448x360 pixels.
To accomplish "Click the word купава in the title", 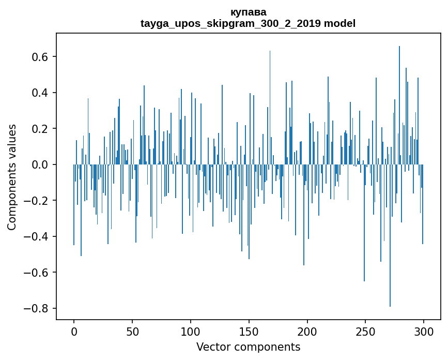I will coord(248,12).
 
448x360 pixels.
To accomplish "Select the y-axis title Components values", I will coord(12,177).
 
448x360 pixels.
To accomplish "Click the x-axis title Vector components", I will coord(248,347).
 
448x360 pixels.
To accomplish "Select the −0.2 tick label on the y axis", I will coord(35,200).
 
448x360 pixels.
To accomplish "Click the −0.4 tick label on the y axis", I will coord(35,236).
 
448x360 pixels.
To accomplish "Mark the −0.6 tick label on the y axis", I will coord(35,272).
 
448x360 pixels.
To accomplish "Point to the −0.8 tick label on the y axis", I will coord(35,308).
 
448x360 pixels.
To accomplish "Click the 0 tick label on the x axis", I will coord(74,331).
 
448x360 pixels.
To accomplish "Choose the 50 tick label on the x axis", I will coord(132,331).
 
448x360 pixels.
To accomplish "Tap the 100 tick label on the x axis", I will coord(191,331).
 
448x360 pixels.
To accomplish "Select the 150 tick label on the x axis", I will coord(249,331).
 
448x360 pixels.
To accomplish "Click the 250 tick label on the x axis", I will coord(366,331).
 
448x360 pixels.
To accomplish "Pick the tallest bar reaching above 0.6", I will coord(399,103).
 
